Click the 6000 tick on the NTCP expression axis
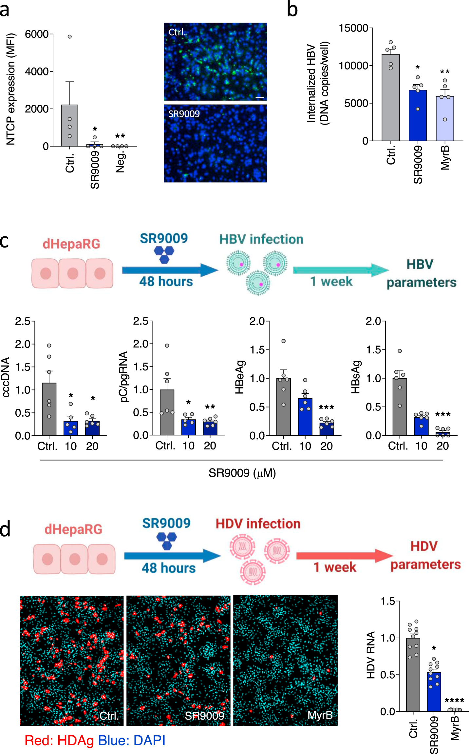(37, 34)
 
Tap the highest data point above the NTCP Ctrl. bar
(70, 36)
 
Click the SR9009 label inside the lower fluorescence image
(184, 114)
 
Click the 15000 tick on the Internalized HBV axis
(354, 28)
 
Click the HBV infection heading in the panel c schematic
(261, 239)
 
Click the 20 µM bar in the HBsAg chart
(443, 434)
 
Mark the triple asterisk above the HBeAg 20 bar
(326, 407)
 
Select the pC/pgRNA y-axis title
(124, 377)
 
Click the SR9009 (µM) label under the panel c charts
(242, 473)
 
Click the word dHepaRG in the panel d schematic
(73, 529)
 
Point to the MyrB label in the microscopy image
(320, 715)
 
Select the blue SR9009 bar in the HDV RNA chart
(434, 692)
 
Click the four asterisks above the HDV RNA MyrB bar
(454, 701)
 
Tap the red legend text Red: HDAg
(59, 741)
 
